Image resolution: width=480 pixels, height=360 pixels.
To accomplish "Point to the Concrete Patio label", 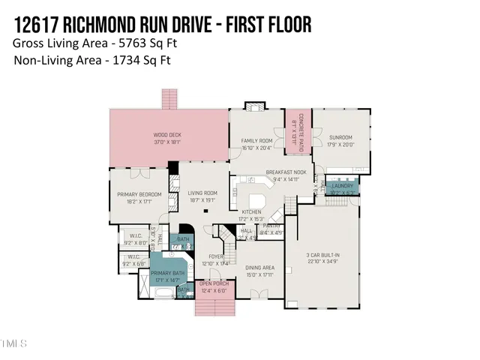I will [x=295, y=125].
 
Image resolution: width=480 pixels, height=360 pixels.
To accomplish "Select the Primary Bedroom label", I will [x=139, y=198].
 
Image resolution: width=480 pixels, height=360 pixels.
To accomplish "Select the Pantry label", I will [x=271, y=229].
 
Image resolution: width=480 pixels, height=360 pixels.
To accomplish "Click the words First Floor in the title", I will [x=262, y=25].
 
